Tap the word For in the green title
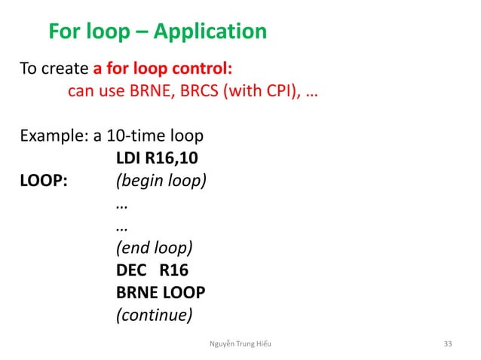tap(63, 32)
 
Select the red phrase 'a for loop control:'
tap(163, 69)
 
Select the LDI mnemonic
tap(127, 160)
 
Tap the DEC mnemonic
tap(130, 270)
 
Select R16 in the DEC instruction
tap(173, 270)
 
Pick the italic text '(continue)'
tap(152, 315)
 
